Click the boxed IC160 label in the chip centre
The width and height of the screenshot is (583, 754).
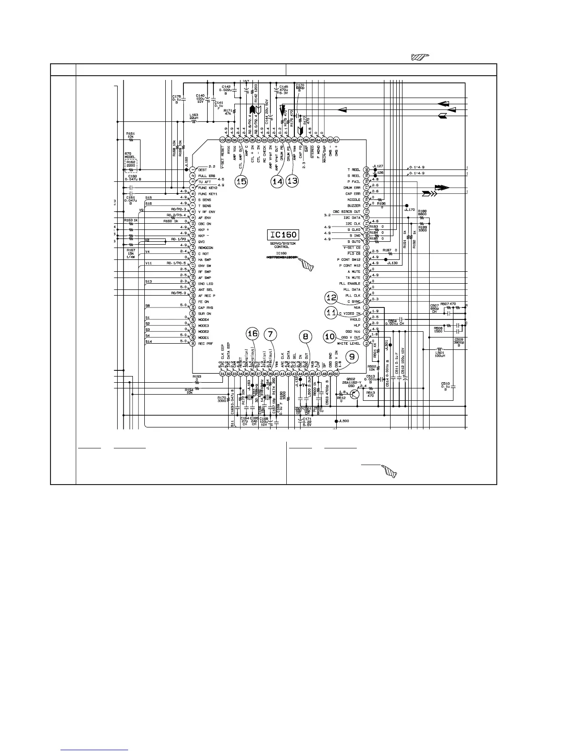point(283,235)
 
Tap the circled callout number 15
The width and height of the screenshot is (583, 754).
point(241,181)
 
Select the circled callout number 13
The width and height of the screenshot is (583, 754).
point(292,181)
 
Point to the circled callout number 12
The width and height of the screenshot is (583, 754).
point(331,297)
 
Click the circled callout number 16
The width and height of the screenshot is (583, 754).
point(252,335)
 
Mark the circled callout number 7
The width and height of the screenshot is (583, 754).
point(271,335)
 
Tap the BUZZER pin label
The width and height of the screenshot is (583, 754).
point(353,206)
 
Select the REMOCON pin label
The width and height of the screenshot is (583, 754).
point(205,248)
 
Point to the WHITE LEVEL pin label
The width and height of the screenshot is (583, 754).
point(349,343)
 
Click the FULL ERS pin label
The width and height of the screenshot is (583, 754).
point(207,176)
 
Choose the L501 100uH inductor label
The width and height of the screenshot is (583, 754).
point(439,355)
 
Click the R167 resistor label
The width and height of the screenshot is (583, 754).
point(131,253)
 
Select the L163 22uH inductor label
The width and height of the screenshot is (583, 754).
point(193,117)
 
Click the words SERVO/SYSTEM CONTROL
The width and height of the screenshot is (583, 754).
point(283,245)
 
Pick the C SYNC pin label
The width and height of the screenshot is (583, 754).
point(353,301)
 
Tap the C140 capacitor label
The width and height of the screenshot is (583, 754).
point(200,98)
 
